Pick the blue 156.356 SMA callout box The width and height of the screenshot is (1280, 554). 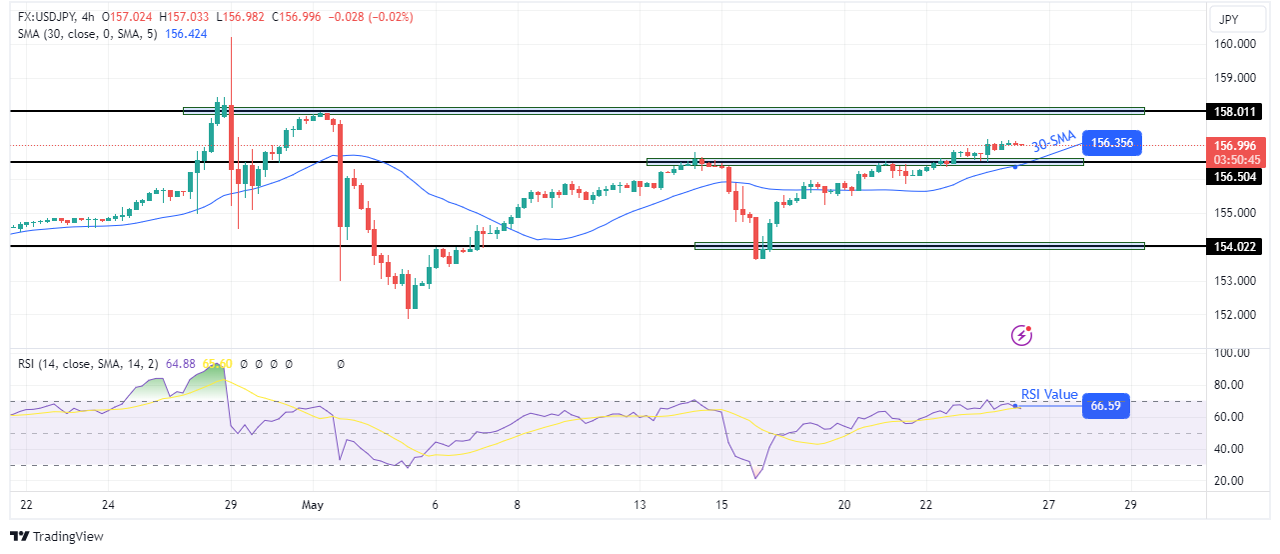click(1111, 142)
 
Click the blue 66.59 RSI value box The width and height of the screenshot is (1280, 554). click(1104, 405)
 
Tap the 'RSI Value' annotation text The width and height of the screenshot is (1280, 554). click(1049, 394)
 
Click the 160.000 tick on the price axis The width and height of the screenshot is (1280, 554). click(1236, 44)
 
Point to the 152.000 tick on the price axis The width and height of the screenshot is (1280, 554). click(1236, 314)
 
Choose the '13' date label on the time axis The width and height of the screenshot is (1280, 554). click(640, 505)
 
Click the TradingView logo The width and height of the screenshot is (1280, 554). click(57, 537)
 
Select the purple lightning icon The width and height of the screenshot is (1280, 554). click(1021, 335)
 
